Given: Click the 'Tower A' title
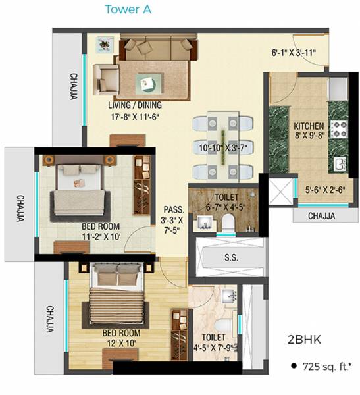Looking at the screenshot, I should coord(129,9).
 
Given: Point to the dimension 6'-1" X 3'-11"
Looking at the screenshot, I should coord(294,53).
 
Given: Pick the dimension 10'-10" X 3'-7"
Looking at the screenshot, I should coord(222,149).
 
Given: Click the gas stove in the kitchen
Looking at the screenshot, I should coord(338,129).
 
